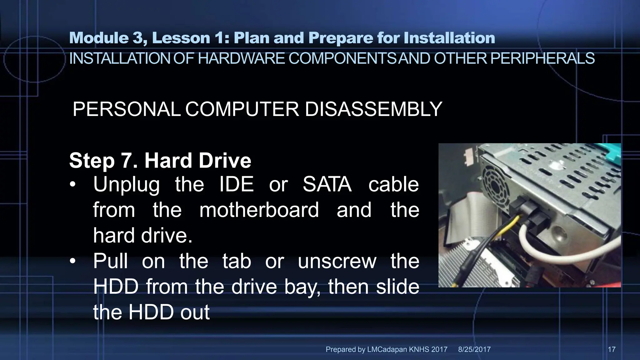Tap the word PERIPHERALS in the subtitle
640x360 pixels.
[542, 59]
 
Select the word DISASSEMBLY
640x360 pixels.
[373, 109]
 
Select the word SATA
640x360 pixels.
[327, 184]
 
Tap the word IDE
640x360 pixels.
[236, 184]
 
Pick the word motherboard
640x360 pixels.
[259, 210]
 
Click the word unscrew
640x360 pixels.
[337, 261]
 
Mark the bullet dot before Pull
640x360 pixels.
[73, 261]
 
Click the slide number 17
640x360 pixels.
[612, 349]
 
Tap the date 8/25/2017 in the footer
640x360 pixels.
[474, 349]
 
